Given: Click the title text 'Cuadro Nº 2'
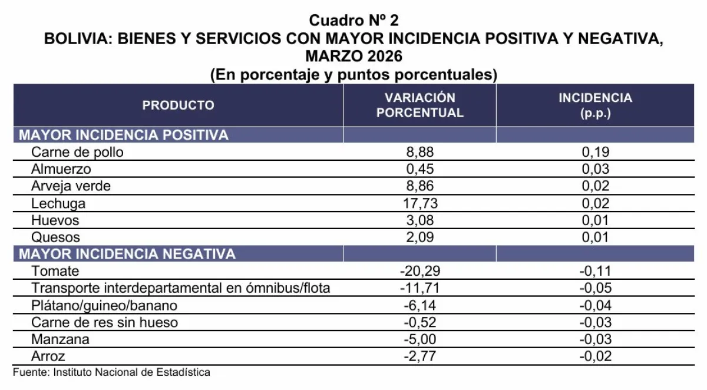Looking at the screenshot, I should click(x=353, y=21).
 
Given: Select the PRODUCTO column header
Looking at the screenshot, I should click(x=179, y=105).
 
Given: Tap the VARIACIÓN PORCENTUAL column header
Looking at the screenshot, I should click(x=420, y=105).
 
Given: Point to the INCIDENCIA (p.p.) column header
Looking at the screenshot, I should click(x=595, y=105).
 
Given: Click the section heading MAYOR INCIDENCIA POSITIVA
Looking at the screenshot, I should click(x=124, y=135).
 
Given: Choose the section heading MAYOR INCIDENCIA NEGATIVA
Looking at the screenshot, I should click(x=127, y=254).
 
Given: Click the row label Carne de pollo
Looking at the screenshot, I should click(x=78, y=152).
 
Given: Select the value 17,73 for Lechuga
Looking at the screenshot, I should click(x=420, y=203).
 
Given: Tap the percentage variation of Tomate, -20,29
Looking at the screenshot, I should click(x=420, y=271).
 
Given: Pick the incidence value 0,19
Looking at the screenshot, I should click(x=595, y=152).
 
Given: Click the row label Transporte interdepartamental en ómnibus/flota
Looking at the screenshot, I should click(x=180, y=288).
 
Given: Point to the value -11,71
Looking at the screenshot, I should click(x=420, y=288).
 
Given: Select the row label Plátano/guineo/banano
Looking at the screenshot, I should click(x=104, y=305).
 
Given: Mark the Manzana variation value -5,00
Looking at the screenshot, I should click(x=420, y=339).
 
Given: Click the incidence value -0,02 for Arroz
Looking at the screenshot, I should click(x=595, y=356).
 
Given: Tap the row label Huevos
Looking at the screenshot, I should click(x=55, y=220).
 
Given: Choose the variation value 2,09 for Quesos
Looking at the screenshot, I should click(x=420, y=237).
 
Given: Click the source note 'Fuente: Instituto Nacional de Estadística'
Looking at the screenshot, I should click(x=111, y=372).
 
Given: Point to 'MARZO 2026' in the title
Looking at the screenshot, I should click(x=353, y=57).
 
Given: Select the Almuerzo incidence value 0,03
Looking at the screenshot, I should click(x=595, y=169).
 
